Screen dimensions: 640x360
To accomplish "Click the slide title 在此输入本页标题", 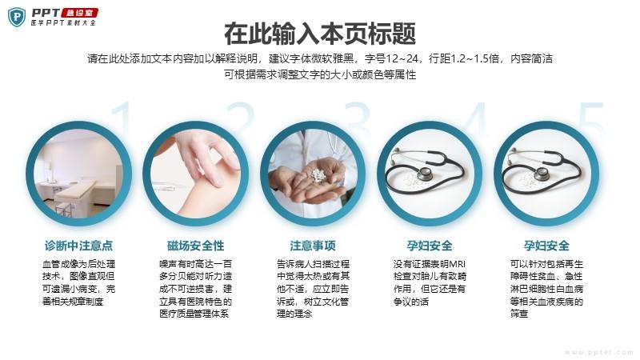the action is click(x=320, y=34).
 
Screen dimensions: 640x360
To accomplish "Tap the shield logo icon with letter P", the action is click(x=16, y=17).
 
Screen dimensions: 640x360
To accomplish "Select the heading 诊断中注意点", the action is click(x=78, y=246).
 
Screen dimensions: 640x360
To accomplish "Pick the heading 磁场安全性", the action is click(x=195, y=246).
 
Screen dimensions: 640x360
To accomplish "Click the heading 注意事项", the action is click(x=313, y=246).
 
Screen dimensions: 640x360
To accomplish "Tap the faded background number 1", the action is click(x=122, y=117).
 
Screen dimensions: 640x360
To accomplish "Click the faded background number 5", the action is click(x=591, y=118).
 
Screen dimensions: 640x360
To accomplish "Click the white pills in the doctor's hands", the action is click(x=318, y=175).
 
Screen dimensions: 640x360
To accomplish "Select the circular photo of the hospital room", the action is click(x=78, y=174).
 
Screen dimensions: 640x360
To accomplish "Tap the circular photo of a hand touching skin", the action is click(x=195, y=174).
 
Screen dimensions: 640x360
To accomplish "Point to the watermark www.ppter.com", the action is click(x=598, y=352).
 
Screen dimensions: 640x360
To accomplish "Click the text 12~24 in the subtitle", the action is click(x=402, y=58).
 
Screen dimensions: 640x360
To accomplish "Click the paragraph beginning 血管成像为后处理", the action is click(x=78, y=283).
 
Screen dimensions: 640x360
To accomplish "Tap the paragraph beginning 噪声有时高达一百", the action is click(x=195, y=289).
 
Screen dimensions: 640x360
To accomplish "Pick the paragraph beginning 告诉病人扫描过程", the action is click(x=313, y=289).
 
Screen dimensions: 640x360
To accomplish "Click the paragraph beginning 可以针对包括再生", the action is click(x=546, y=289).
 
